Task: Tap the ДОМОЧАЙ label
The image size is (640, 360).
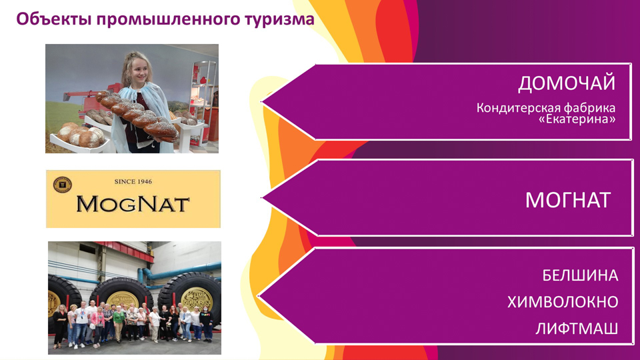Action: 567,84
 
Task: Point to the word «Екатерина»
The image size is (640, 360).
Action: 577,119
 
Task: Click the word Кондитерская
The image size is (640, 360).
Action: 518,108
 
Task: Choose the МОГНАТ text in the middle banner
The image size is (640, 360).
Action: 568,200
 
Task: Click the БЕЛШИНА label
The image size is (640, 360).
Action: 580,275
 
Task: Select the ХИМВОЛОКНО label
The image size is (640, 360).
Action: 563,302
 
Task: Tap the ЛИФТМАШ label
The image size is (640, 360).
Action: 576,329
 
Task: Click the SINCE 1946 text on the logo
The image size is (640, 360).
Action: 133,181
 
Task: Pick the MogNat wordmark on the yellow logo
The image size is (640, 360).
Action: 133,204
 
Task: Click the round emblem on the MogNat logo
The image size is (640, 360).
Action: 63,185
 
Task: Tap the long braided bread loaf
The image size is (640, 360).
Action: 137,115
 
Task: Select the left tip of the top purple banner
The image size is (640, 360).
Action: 261,101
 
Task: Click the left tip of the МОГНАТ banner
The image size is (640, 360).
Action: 261,198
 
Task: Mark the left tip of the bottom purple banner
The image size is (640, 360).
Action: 259,295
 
